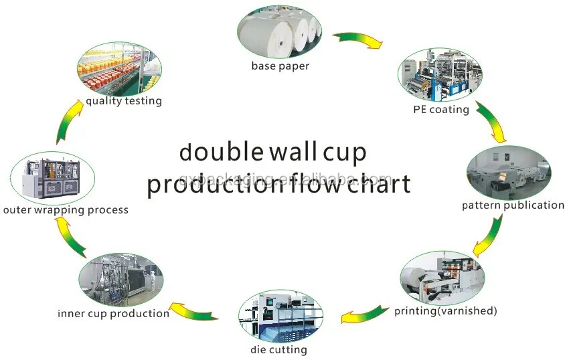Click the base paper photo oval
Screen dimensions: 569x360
[279, 31]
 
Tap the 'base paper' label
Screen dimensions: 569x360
[280, 66]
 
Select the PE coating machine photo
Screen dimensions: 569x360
[440, 75]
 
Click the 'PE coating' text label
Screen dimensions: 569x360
[441, 109]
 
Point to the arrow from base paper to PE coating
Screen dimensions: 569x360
[358, 39]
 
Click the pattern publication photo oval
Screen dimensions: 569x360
[509, 173]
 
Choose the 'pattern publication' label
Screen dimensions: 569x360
[513, 205]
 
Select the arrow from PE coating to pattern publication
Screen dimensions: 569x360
[491, 122]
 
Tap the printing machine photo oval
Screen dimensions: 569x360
[442, 278]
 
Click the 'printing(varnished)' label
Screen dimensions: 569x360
[446, 310]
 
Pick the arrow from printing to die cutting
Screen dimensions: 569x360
[364, 314]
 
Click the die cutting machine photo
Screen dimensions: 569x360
[280, 316]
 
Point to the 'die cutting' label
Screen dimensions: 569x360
[278, 350]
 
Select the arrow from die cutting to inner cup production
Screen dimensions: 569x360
[193, 311]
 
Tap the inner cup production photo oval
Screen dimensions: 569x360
[121, 280]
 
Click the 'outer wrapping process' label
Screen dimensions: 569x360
[66, 209]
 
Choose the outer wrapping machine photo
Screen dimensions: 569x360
[53, 178]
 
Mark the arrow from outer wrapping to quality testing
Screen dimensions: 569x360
[70, 121]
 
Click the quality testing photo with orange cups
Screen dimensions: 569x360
[119, 69]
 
